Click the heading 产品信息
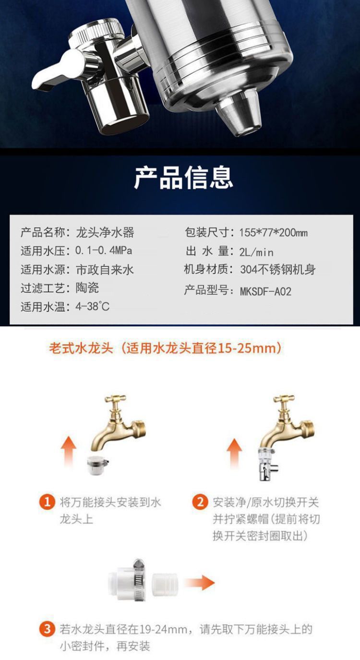[183, 178]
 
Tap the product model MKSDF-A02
[265, 291]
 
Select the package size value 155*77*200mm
[273, 233]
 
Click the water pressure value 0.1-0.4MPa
[104, 251]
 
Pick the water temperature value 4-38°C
[93, 306]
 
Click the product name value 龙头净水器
[105, 233]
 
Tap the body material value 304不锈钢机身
[278, 270]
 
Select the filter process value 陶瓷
[87, 288]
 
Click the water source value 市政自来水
[105, 270]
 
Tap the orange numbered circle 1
[47, 503]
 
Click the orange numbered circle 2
[200, 503]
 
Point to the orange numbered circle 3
[47, 629]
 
